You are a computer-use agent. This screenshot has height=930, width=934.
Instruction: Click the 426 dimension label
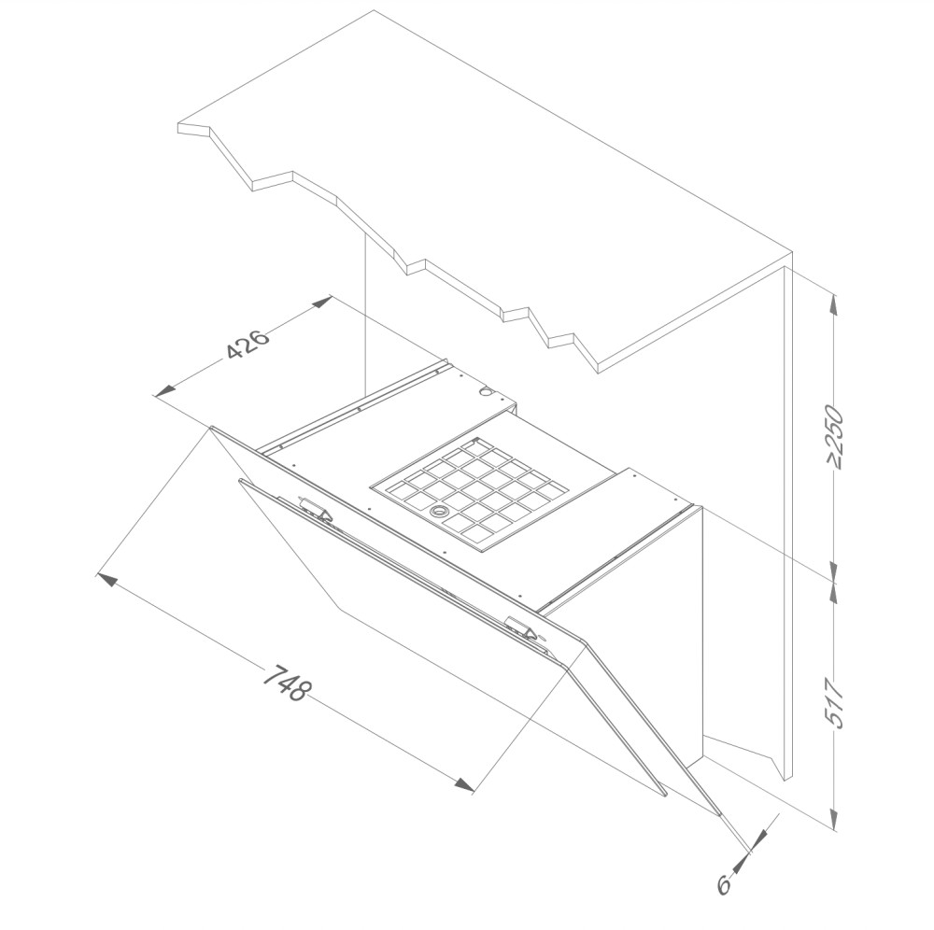(248, 345)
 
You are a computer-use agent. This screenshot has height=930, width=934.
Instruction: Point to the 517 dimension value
(836, 702)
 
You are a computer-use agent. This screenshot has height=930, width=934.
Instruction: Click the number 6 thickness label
(724, 885)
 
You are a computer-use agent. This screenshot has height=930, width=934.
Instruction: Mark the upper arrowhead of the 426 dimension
(322, 302)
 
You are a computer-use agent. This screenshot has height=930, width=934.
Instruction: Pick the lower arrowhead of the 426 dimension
(165, 390)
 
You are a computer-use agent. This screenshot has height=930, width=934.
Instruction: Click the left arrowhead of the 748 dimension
(106, 579)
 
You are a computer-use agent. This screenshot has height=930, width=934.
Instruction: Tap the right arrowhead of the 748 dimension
(464, 784)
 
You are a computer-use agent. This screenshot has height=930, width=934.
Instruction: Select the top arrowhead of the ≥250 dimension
(834, 304)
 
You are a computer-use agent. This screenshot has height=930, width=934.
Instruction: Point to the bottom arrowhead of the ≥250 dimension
(834, 571)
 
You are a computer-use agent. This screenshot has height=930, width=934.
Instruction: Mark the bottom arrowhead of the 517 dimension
(834, 818)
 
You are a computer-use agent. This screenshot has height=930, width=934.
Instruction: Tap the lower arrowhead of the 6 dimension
(739, 865)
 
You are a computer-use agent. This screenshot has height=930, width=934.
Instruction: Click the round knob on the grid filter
(440, 510)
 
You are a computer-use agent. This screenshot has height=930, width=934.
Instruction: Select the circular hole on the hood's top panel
(487, 392)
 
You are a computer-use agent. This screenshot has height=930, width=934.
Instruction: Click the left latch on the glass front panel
(316, 508)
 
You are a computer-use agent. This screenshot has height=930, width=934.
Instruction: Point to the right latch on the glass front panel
(519, 627)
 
